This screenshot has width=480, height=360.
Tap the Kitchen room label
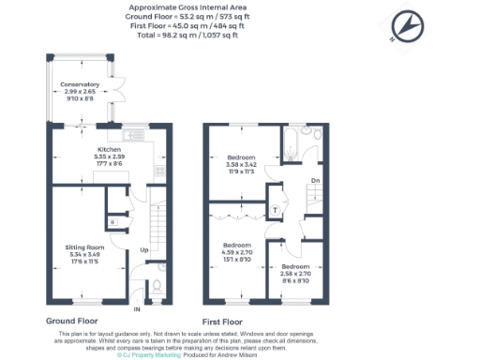(111, 149)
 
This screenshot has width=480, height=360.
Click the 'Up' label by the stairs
(144, 250)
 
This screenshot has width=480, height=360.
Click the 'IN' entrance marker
(137, 308)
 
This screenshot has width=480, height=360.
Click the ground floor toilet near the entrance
(157, 285)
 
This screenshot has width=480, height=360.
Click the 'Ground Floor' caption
(74, 321)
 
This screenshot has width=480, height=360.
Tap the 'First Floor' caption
(225, 321)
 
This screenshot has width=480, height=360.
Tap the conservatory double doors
(119, 84)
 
